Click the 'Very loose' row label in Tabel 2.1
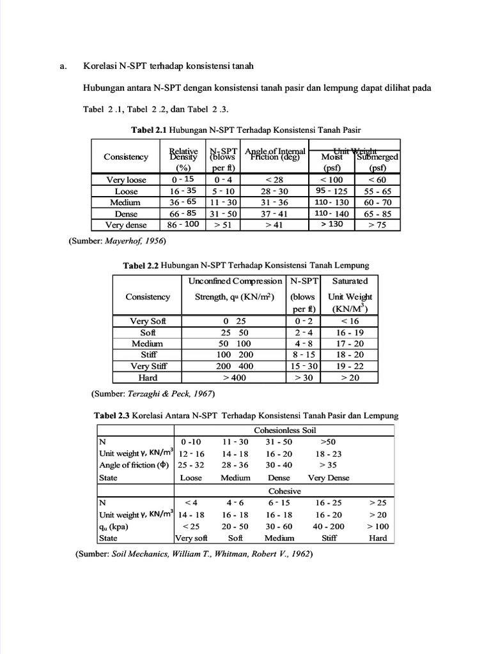coord(126,180)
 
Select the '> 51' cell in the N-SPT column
coord(224,225)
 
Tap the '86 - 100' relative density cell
coord(183,225)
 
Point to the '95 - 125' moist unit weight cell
coord(332,191)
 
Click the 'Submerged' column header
coord(377,157)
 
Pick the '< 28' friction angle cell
coord(274,180)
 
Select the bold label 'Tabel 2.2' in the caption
coord(141,265)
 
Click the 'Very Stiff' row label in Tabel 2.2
coord(148,366)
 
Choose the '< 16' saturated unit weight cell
coord(350,321)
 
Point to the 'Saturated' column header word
coord(350,281)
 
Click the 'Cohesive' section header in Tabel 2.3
coord(284,491)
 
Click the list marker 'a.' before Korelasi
coord(63,66)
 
